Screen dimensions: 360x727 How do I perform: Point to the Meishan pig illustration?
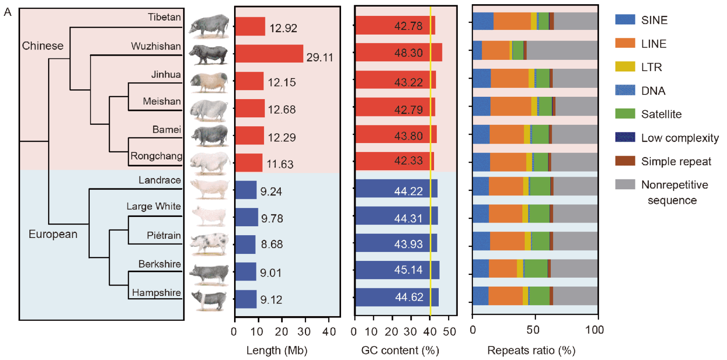[x=208, y=110]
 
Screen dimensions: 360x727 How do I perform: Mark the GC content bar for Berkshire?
[x=397, y=271]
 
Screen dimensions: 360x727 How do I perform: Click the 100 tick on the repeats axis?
[x=598, y=330]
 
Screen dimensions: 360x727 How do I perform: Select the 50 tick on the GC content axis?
[x=449, y=330]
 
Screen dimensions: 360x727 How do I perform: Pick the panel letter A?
[x=7, y=13]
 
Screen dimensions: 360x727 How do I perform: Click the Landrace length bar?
[x=246, y=190]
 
